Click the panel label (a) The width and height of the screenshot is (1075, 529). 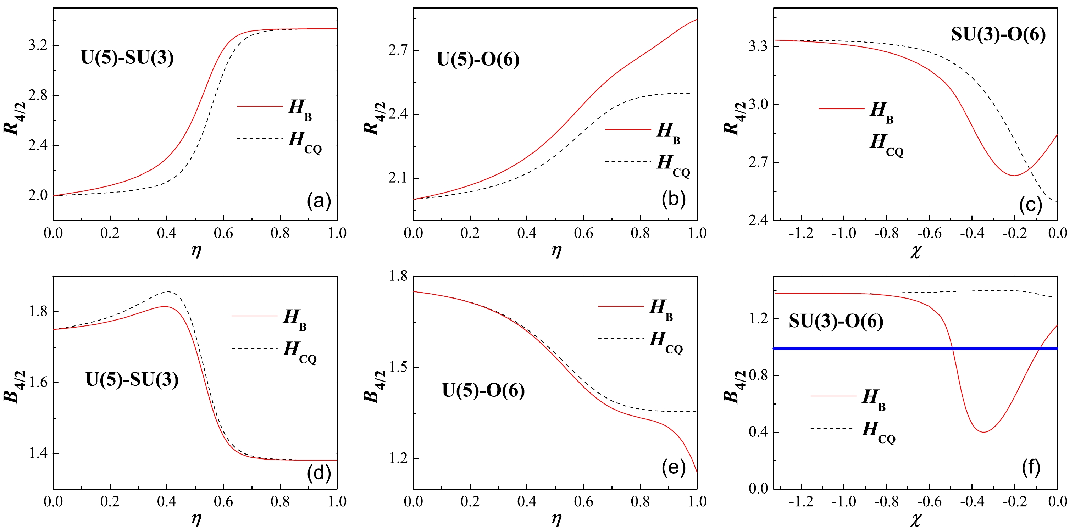pos(319,201)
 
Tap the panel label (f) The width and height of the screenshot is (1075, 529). pos(1031,468)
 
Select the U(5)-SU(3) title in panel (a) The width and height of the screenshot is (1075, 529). pos(127,57)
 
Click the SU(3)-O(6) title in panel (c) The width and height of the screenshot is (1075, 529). pos(998,34)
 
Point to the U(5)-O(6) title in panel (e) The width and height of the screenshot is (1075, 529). pos(483,390)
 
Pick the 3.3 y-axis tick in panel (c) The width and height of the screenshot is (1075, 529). pos(758,46)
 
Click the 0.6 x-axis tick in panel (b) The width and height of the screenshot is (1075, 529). pos(583,233)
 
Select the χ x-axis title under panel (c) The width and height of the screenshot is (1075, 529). pos(915,252)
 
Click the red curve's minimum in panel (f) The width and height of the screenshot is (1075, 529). pos(983,432)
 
